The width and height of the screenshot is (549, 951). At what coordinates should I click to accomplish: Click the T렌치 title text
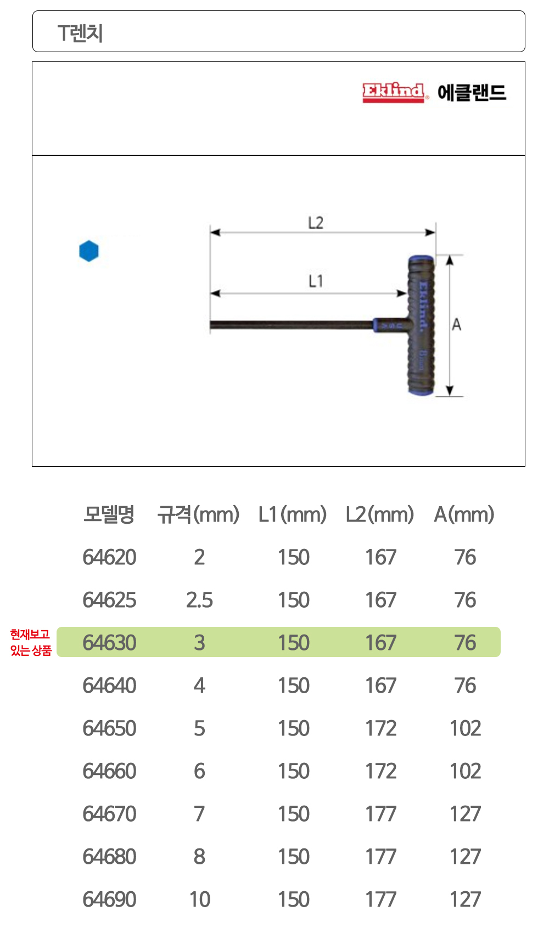click(80, 33)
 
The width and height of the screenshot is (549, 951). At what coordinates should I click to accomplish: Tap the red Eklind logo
click(394, 92)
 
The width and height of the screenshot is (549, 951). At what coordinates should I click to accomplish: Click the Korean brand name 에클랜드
click(472, 93)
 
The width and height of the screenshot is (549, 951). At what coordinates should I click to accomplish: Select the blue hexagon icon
click(88, 251)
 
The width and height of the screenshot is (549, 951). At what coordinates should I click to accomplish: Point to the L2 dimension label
click(316, 223)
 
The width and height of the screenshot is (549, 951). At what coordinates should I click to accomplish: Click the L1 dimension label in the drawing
click(316, 281)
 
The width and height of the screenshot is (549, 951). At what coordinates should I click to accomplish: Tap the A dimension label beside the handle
click(456, 325)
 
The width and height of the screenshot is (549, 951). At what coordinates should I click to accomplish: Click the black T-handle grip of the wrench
click(421, 325)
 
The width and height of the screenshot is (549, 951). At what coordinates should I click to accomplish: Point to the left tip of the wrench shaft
click(211, 325)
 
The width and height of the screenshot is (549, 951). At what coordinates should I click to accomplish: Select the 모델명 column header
click(109, 514)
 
